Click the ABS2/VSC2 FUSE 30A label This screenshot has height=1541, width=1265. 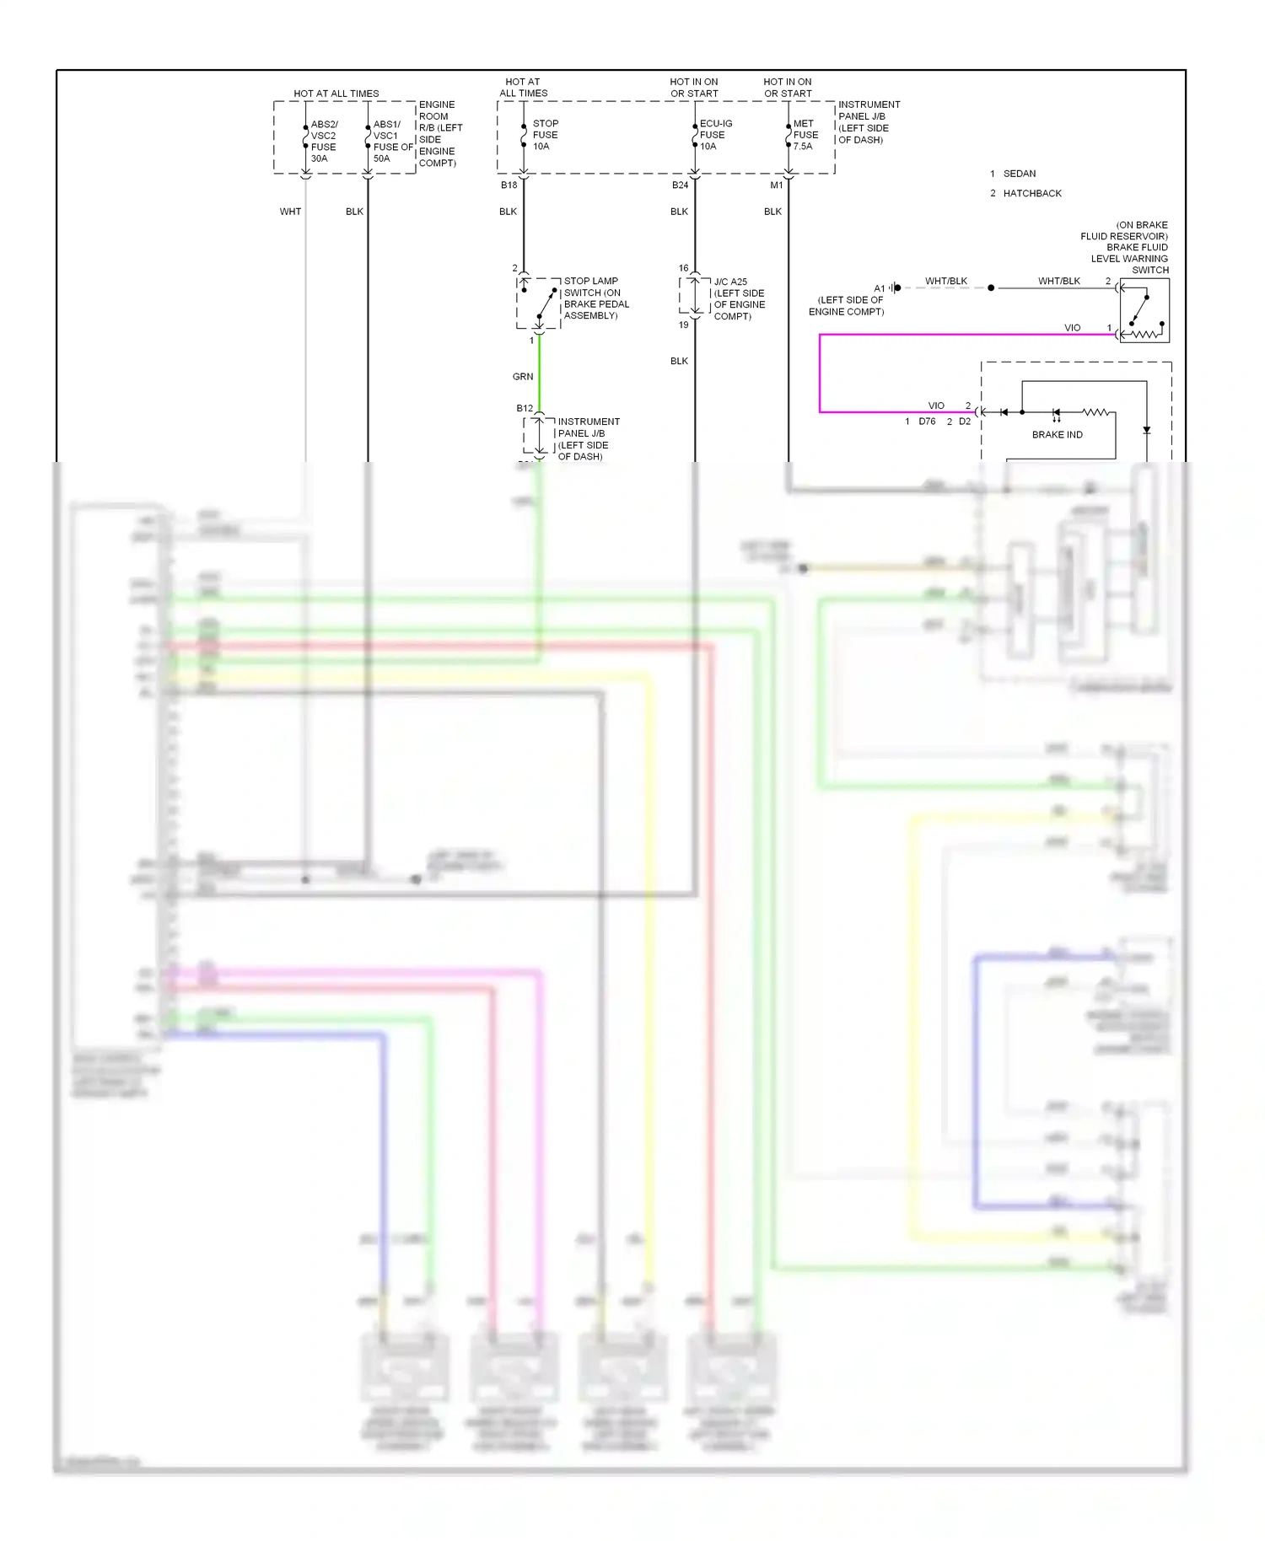coord(323,141)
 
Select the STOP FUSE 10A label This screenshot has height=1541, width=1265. coord(545,135)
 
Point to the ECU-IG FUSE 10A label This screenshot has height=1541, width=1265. coord(715,135)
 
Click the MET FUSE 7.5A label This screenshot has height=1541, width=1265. coord(805,135)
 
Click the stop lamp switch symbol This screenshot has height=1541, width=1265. coord(539,303)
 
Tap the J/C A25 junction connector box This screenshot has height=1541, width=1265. coord(695,296)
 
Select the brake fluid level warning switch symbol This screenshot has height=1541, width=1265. coord(1144,310)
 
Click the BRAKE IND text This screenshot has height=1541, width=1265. coord(1057,435)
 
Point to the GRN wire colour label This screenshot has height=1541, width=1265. coord(523,377)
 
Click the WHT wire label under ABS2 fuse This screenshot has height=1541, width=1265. coord(290,212)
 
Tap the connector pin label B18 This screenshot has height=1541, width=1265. coord(509,185)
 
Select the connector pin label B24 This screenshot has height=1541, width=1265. coord(680,185)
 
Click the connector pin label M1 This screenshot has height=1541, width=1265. coord(776,185)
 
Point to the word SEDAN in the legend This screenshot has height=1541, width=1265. coord(1020,174)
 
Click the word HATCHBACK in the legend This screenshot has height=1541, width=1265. coord(1032,194)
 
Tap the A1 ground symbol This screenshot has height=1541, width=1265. coord(896,288)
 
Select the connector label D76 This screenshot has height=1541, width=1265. coord(927,421)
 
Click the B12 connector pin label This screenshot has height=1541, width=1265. coord(525,409)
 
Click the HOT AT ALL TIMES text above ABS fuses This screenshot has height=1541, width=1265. coord(336,94)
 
